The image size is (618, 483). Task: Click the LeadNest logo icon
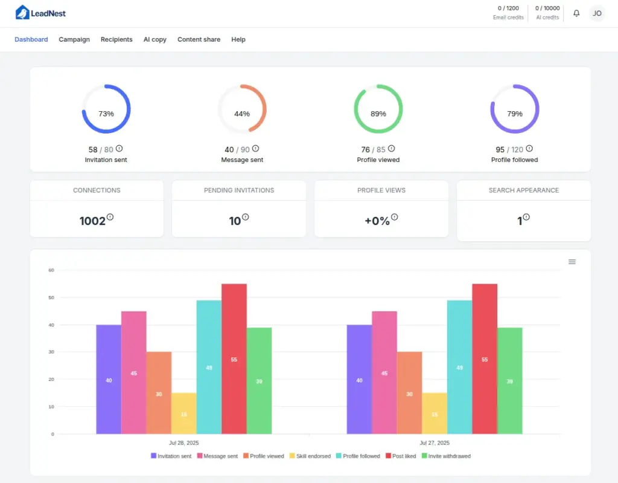tap(22, 13)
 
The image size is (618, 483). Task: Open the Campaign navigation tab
tap(74, 40)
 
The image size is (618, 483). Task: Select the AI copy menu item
tap(154, 40)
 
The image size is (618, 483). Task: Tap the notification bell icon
tap(576, 13)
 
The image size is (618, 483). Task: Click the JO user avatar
tap(597, 13)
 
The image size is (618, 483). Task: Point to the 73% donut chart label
tap(106, 114)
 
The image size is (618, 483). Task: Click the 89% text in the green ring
tap(378, 114)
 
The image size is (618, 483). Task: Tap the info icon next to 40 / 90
tap(256, 149)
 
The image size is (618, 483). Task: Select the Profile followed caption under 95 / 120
tap(514, 160)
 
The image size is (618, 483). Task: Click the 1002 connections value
tap(92, 221)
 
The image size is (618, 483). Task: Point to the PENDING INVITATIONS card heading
tap(239, 190)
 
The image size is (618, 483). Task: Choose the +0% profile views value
tap(377, 221)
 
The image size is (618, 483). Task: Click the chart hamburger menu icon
tap(572, 262)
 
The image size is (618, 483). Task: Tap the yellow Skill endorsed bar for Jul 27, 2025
tap(435, 413)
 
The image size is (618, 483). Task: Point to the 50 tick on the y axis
tap(51, 298)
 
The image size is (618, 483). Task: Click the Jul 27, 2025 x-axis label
tap(435, 443)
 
